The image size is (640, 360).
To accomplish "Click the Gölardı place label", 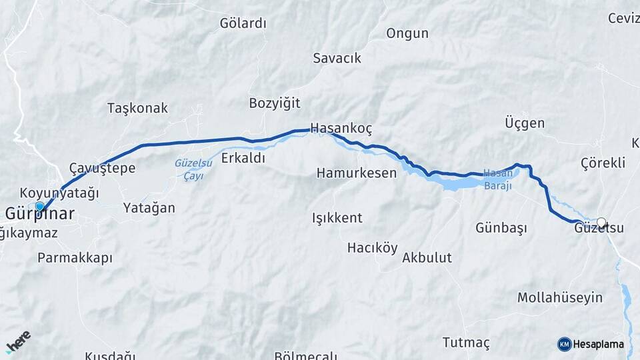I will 243,23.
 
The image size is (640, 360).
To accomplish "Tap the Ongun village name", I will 407,33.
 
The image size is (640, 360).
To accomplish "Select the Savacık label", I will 337,58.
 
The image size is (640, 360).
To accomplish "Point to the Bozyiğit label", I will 275,103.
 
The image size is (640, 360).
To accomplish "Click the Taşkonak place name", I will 137,108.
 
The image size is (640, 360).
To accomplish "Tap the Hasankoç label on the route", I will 341,129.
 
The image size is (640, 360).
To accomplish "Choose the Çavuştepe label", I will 103,167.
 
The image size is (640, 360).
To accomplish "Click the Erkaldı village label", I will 243,158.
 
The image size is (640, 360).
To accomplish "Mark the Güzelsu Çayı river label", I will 193,169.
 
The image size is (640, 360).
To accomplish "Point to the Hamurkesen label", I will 357,173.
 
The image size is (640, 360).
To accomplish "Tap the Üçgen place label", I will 525,123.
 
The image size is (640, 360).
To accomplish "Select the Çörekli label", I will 603,163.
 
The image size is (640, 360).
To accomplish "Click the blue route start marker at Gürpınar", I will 40,207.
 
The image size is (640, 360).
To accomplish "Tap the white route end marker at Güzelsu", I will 601,223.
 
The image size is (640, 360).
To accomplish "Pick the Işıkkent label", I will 337,218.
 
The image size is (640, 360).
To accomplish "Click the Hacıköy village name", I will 372,248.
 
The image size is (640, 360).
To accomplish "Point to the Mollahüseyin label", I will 560,298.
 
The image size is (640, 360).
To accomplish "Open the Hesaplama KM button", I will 591,344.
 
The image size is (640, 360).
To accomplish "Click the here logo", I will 18,342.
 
